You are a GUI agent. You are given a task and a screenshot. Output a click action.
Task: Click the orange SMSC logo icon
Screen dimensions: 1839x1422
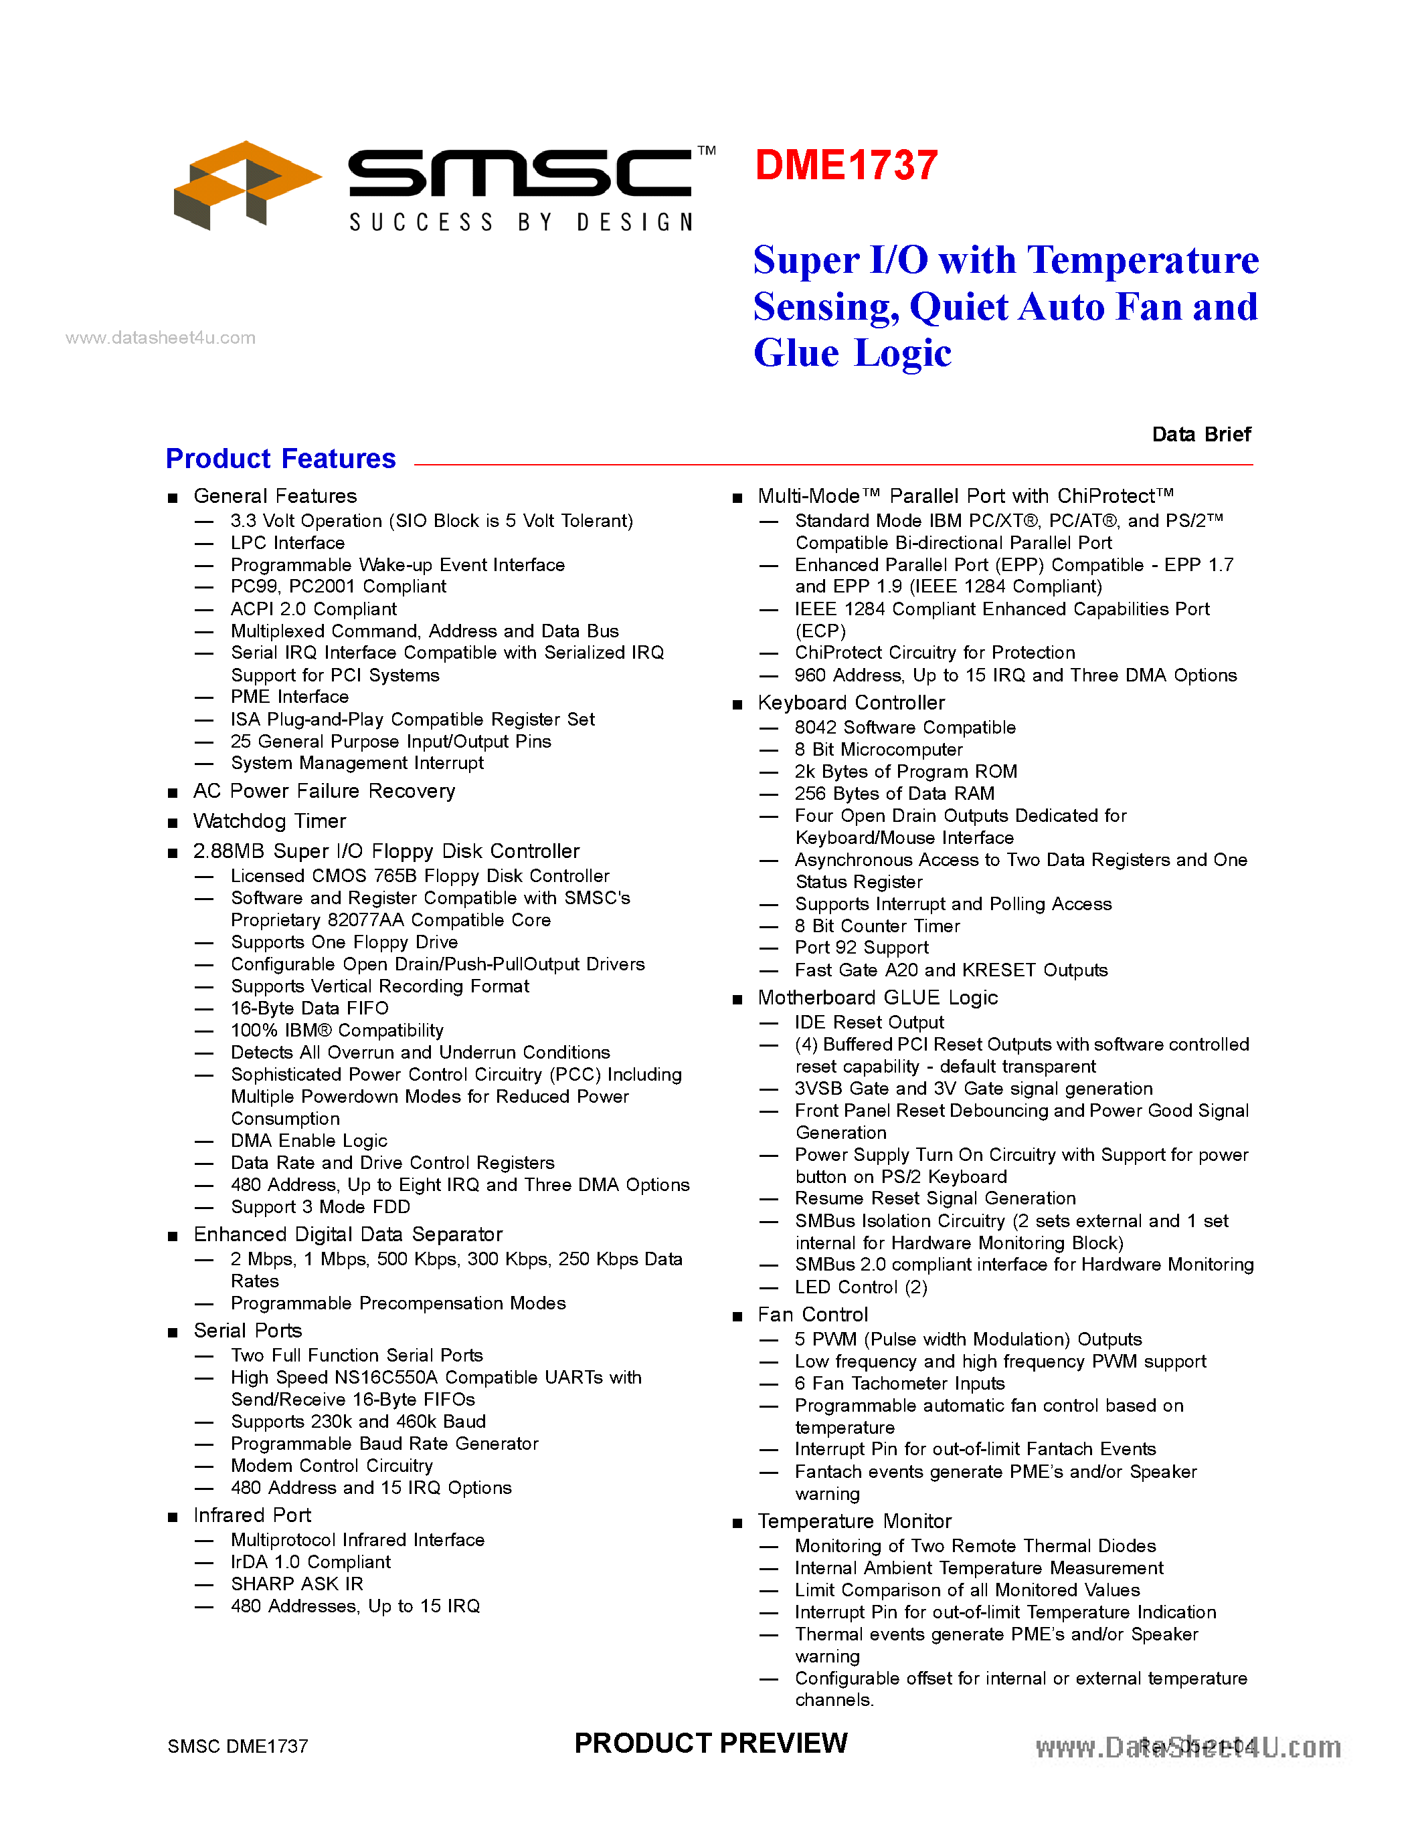[244, 185]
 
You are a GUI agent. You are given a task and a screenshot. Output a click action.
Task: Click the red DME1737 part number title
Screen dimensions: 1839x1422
[846, 165]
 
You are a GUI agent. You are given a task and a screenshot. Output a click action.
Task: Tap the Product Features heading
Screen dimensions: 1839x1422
[280, 459]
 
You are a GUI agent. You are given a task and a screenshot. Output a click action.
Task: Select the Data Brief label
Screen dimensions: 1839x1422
[1201, 435]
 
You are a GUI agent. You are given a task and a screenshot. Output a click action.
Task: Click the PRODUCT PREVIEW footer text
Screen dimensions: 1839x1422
[710, 1742]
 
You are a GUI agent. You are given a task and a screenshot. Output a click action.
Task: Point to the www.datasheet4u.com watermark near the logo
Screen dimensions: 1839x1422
[160, 338]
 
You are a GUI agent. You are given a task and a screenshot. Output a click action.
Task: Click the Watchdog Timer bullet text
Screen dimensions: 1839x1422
[270, 821]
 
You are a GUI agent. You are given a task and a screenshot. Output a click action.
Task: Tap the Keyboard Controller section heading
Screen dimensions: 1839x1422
[851, 702]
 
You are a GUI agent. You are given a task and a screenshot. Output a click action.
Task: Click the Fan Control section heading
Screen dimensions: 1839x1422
[812, 1315]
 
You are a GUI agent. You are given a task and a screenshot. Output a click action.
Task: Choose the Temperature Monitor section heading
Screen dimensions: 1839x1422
[855, 1521]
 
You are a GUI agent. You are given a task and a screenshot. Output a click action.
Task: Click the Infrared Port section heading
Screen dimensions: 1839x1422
[252, 1515]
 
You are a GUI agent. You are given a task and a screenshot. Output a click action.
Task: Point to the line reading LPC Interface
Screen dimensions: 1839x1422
[287, 543]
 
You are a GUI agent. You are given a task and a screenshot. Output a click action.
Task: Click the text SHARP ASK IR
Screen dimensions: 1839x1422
[296, 1584]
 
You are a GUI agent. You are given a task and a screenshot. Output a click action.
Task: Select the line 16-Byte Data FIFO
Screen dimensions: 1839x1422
[309, 1008]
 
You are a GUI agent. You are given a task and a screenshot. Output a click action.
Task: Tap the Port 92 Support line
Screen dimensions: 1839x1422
[861, 948]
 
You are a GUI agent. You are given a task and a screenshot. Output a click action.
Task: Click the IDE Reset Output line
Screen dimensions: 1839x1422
[869, 1022]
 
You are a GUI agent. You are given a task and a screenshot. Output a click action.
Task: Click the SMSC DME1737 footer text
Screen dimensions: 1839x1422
[238, 1746]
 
